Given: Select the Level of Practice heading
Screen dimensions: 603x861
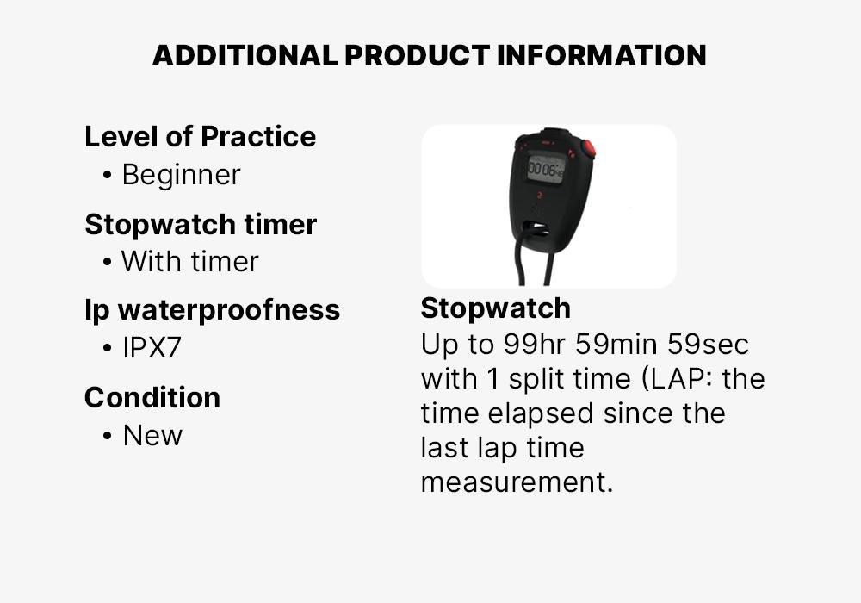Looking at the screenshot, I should pyautogui.click(x=200, y=137).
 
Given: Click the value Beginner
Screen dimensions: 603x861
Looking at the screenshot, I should pyautogui.click(x=181, y=175).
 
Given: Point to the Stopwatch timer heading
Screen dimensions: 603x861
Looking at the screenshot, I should pyautogui.click(x=201, y=225).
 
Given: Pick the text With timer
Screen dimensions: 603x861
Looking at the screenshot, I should pyautogui.click(x=189, y=262).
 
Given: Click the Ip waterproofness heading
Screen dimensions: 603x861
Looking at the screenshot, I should pyautogui.click(x=212, y=310).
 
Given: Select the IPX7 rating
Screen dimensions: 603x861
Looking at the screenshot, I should pyautogui.click(x=152, y=349).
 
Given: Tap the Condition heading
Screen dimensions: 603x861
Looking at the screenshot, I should pyautogui.click(x=152, y=398).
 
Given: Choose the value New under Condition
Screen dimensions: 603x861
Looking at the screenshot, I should pyautogui.click(x=152, y=436).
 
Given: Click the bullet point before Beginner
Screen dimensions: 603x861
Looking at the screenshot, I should pyautogui.click(x=107, y=176).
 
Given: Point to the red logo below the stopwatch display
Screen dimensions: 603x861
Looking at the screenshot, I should pyautogui.click(x=539, y=196).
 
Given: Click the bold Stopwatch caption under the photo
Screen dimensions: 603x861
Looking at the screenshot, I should pyautogui.click(x=495, y=308).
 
